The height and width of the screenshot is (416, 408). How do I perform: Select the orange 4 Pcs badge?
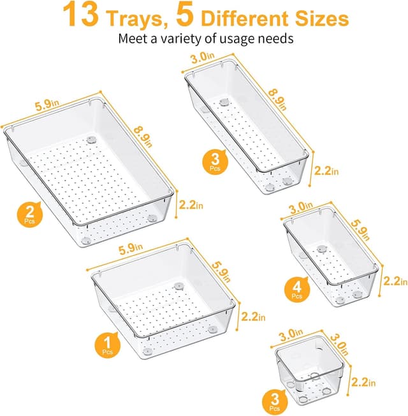coord(296,291)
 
